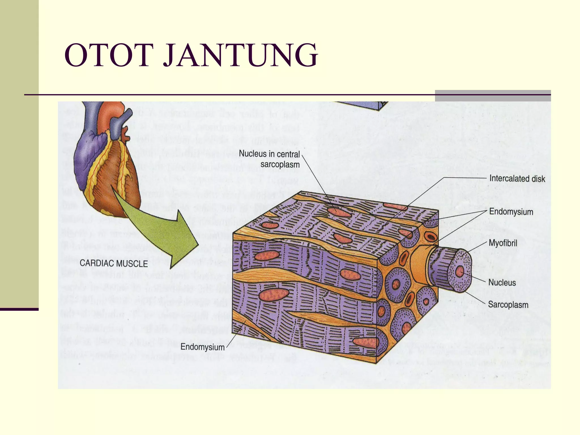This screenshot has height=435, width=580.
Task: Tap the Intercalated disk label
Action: pyautogui.click(x=517, y=179)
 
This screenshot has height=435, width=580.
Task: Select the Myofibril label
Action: pyautogui.click(x=503, y=243)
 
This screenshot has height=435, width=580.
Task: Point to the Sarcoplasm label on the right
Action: pyautogui.click(x=508, y=305)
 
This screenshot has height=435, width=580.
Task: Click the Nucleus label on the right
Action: pyautogui.click(x=502, y=282)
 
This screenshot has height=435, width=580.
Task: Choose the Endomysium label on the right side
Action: pyautogui.click(x=511, y=212)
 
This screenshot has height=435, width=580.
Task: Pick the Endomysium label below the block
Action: pyautogui.click(x=202, y=347)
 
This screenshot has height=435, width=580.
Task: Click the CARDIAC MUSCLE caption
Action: pyautogui.click(x=114, y=263)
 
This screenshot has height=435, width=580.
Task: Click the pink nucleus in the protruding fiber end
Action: pyautogui.click(x=459, y=271)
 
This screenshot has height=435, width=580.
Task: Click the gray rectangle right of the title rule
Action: pyautogui.click(x=493, y=96)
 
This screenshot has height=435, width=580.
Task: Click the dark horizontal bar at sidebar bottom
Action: pyautogui.click(x=19, y=309)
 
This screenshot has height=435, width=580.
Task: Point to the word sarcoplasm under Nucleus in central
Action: pyautogui.click(x=280, y=165)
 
